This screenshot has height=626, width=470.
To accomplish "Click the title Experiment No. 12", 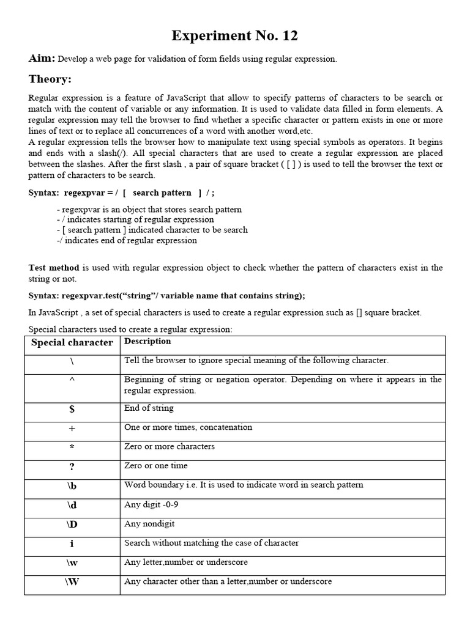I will (x=235, y=36).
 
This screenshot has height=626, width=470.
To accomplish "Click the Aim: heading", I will (x=42, y=59).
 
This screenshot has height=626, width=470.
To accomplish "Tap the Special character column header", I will (x=72, y=342).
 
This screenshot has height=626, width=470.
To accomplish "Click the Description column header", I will (x=147, y=341).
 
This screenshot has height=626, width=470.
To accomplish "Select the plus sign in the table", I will (x=72, y=429).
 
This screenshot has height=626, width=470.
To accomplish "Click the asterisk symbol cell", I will (x=72, y=447).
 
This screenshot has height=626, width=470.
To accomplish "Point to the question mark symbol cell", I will (x=72, y=467).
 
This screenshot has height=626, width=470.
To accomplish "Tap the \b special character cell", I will (x=72, y=487).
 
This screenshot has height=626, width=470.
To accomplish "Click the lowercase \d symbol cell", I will (x=72, y=506).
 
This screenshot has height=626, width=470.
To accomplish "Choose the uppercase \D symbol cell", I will (x=72, y=525).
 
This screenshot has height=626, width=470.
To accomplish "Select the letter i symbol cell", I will (x=72, y=544).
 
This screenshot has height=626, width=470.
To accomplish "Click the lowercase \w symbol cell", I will (x=72, y=563).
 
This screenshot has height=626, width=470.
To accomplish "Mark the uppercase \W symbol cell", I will (x=72, y=582).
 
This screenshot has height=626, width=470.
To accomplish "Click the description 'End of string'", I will (x=149, y=408).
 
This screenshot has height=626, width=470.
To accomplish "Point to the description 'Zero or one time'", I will (x=155, y=466).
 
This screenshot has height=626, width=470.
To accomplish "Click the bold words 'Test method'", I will (x=54, y=268).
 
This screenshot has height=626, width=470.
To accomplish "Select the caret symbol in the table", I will (x=72, y=379).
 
